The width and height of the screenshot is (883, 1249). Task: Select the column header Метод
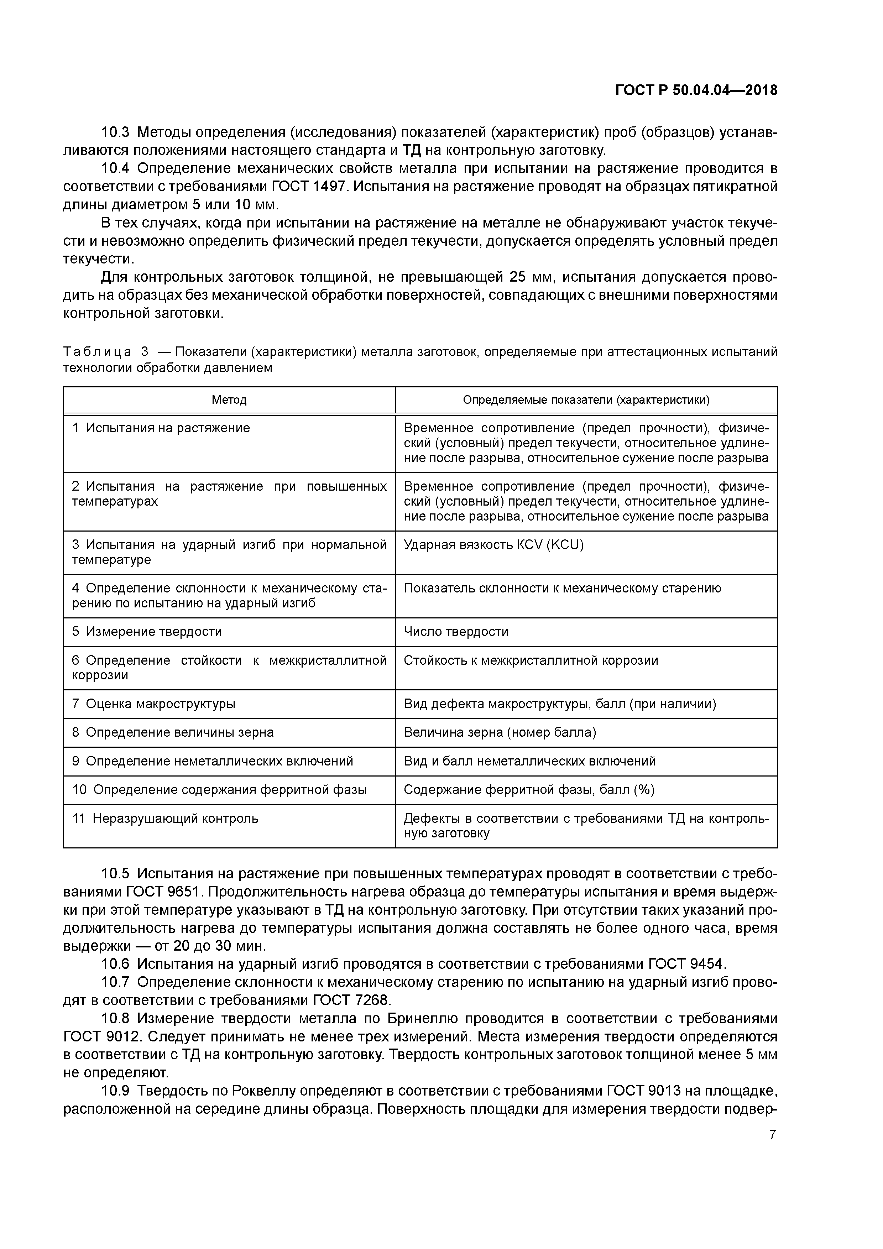[x=229, y=400]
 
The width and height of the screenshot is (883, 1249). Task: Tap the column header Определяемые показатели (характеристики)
[x=586, y=400]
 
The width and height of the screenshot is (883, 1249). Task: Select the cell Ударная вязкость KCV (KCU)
[x=493, y=544]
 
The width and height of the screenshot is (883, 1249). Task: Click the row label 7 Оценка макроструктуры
[x=153, y=704]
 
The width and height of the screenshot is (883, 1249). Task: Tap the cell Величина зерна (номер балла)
[x=500, y=732]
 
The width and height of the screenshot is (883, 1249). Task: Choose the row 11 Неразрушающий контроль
[x=166, y=818]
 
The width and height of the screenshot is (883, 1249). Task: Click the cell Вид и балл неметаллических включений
[x=529, y=761]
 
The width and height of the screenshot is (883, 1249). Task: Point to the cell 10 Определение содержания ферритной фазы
[x=219, y=789]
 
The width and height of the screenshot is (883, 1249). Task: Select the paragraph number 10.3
[x=115, y=132]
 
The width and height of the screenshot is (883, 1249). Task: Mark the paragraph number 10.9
[x=115, y=1091]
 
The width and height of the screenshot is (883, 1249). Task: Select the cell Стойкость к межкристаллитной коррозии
[x=531, y=660]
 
